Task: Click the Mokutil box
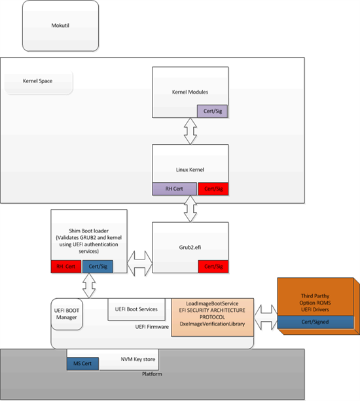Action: (60, 26)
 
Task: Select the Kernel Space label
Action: (38, 82)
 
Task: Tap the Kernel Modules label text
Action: (190, 92)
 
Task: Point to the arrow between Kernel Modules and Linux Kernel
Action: (190, 132)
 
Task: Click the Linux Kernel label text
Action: (190, 169)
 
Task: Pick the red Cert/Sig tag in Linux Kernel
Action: (213, 189)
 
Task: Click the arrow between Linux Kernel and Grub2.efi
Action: (190, 208)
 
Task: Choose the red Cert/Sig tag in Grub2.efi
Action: (213, 267)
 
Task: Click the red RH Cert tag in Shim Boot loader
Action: (65, 267)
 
